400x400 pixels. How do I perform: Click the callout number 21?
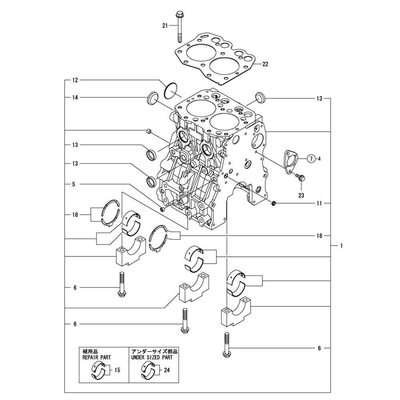pos(164,25)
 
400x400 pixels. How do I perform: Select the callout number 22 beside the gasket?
pos(266,64)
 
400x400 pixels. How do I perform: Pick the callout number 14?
pos(74,97)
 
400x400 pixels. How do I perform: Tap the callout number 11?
pos(319,204)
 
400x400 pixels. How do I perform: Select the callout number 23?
pos(301,196)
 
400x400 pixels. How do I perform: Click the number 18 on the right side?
pos(319,236)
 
